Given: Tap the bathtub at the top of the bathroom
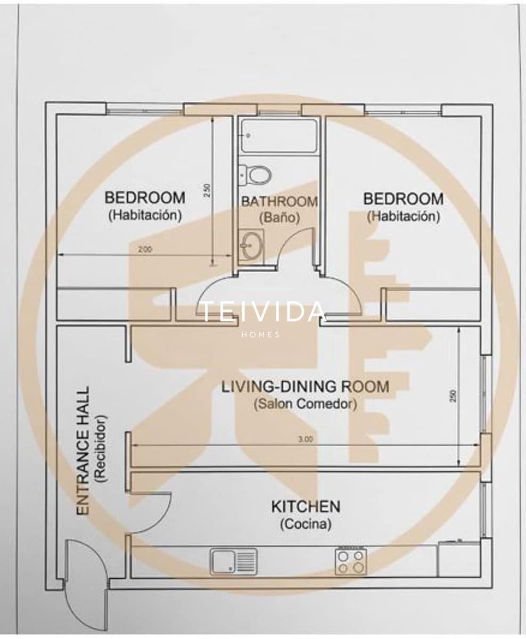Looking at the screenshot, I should point(278,136).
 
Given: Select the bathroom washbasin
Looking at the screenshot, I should point(250,246).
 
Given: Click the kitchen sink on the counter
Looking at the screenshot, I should point(233,561).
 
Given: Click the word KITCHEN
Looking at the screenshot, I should point(306,506).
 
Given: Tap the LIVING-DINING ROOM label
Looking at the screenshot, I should point(305,387).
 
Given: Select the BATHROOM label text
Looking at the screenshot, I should point(280,202).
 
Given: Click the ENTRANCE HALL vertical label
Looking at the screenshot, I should point(83,450).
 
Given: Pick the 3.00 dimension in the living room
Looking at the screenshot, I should point(305,440).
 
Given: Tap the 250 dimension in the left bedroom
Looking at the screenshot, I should point(208,191).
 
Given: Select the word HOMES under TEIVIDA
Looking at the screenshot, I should point(261,334).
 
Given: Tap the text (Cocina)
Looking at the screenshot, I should point(306,525).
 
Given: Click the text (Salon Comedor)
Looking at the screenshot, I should point(305,404).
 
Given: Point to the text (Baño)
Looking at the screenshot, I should point(280,217).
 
